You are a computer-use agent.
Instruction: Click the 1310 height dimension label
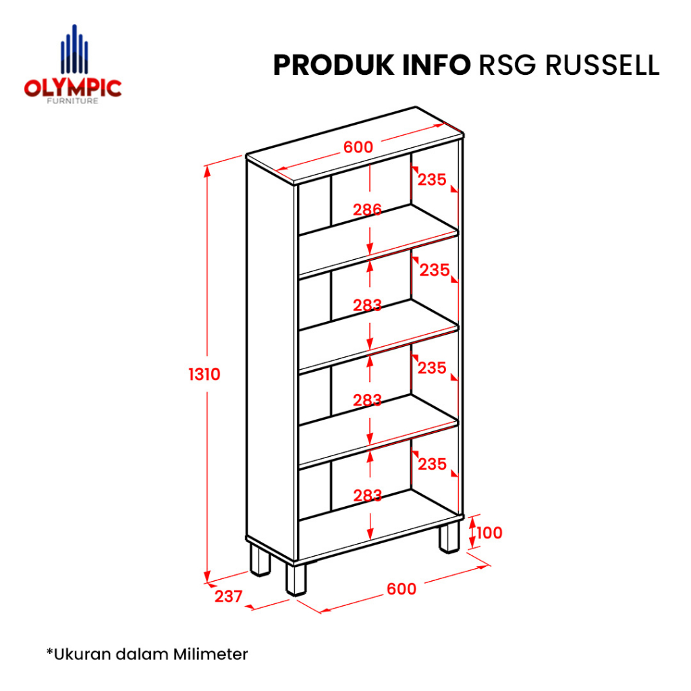204,374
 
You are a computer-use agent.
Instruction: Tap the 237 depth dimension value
228,597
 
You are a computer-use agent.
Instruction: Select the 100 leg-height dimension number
489,533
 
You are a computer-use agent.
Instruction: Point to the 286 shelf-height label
367,210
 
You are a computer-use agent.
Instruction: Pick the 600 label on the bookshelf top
358,147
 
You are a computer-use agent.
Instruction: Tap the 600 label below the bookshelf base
402,588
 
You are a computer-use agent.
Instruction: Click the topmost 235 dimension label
432,180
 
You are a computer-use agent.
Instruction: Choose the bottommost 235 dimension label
432,464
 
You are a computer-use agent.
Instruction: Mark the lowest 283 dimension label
367,496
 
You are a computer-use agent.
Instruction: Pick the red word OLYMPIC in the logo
73,88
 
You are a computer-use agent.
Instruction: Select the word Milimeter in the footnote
211,654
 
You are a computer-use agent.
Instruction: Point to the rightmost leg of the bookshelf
449,537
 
